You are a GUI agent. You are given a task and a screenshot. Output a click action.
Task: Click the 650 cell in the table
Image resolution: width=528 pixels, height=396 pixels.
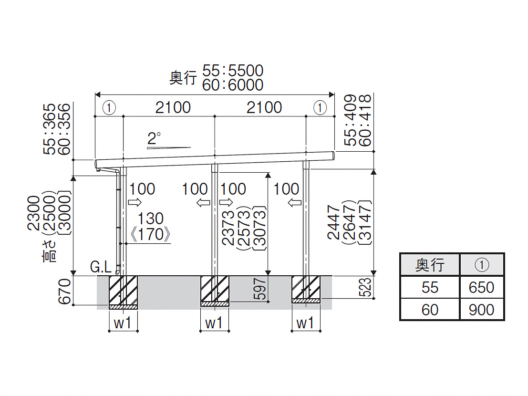(482, 287)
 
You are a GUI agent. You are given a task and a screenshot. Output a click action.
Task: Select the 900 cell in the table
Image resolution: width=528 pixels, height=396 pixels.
(482, 310)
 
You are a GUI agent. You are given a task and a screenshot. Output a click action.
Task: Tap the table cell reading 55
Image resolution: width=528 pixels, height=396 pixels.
(430, 287)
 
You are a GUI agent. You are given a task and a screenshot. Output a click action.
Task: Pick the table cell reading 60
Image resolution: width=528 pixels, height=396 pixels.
(430, 310)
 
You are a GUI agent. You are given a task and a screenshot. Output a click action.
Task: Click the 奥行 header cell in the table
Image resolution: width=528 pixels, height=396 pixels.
(430, 265)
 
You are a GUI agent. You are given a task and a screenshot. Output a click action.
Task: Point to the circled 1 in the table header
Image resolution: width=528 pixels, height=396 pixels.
(482, 265)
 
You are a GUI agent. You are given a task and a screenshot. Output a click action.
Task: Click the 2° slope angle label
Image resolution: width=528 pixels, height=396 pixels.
(154, 138)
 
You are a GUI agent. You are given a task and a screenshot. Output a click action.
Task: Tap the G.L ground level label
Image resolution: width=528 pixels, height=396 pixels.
(101, 267)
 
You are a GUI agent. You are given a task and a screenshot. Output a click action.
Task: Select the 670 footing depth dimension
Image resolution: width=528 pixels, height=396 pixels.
(64, 291)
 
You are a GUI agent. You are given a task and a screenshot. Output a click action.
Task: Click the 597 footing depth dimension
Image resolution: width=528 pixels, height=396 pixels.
(259, 289)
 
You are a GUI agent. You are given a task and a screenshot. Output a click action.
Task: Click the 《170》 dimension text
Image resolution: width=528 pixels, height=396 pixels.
(151, 234)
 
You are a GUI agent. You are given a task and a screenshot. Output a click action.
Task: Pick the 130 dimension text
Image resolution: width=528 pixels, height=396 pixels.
(151, 219)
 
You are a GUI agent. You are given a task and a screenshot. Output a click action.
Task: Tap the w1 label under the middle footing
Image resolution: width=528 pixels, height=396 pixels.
(214, 323)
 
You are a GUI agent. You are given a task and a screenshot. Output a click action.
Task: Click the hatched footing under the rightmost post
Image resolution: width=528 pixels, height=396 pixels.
(306, 290)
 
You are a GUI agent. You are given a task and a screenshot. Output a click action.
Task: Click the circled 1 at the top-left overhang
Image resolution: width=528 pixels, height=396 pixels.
(109, 108)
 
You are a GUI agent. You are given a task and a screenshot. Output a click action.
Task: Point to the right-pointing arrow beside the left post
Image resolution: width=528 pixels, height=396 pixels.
(135, 202)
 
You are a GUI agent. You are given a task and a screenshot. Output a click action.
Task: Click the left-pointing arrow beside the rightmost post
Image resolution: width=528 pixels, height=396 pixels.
(295, 202)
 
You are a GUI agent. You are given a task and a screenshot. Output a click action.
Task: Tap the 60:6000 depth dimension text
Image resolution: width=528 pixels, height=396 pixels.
(233, 85)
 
